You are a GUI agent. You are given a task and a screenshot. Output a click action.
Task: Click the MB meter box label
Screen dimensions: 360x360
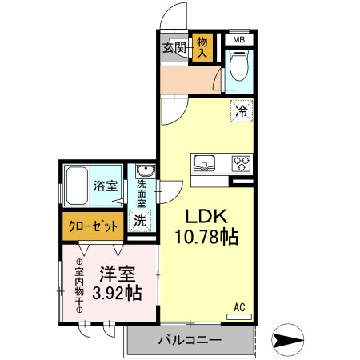239,40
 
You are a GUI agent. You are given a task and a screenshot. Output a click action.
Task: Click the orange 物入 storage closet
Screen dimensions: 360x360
202,47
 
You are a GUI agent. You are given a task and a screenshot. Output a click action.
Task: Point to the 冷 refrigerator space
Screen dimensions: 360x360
242,111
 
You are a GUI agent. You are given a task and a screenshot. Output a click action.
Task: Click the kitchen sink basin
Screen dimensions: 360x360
204,163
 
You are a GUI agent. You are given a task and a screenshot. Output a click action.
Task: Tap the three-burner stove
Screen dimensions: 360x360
242,163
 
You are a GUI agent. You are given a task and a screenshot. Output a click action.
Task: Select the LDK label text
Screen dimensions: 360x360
206,216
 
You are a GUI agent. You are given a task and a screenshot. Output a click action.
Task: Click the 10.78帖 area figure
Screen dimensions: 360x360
206,237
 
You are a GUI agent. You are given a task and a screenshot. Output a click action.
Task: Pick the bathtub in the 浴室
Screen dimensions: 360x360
77,186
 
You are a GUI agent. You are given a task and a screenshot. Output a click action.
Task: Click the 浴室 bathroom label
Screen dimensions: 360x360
106,186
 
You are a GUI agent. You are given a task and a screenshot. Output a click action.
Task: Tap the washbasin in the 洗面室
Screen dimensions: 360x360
146,170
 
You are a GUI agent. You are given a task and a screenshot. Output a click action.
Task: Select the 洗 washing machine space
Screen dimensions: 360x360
140,221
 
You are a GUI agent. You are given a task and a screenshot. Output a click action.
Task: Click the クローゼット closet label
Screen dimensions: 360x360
93,226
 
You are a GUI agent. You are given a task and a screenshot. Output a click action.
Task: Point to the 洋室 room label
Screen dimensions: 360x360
118,274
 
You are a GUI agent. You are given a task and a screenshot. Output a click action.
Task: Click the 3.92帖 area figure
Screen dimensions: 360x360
117,293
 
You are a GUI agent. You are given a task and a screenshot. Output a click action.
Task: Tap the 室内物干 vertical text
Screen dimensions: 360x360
79,286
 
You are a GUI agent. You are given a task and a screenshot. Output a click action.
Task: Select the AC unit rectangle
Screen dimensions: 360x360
239,317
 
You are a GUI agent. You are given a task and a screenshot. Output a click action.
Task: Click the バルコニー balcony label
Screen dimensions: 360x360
190,340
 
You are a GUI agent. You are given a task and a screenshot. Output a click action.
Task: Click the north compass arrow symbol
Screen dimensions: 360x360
287,340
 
